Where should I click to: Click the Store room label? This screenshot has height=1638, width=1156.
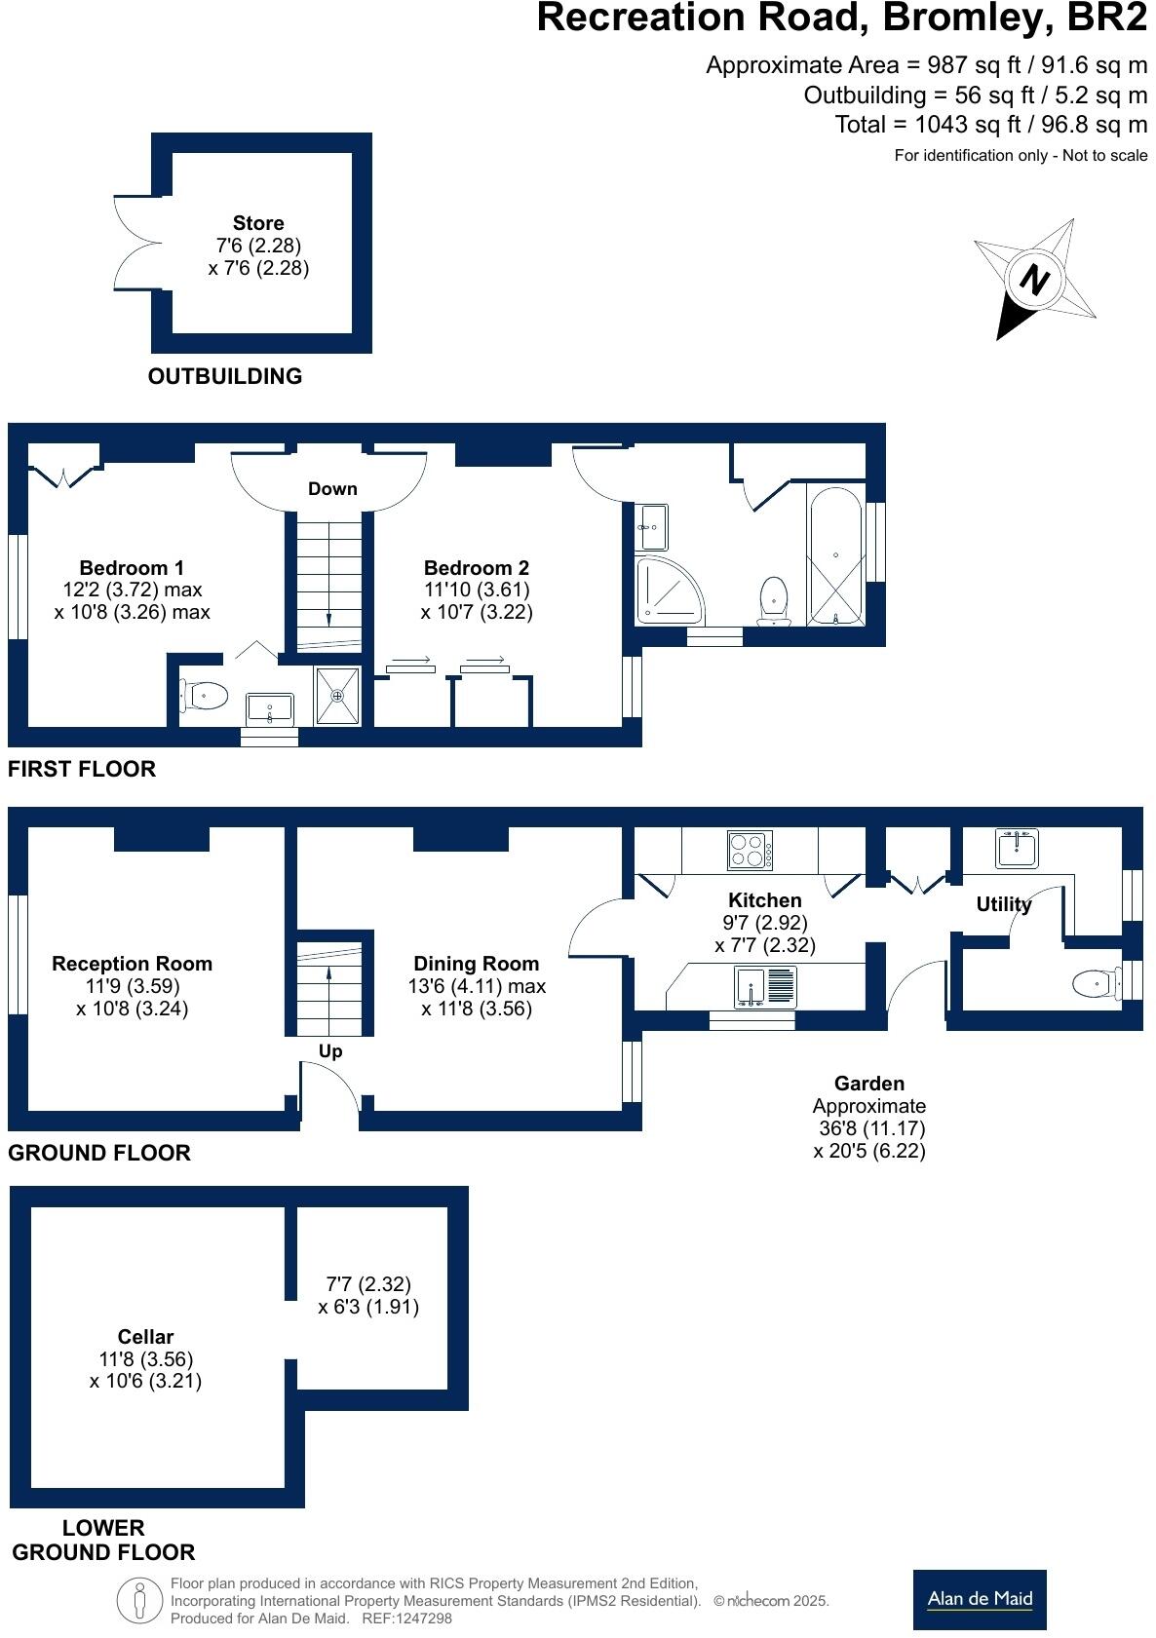point(258,223)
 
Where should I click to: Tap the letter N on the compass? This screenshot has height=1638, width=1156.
point(1034,281)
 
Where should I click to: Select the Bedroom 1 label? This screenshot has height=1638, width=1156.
point(132,567)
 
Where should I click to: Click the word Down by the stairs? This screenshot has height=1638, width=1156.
point(332,489)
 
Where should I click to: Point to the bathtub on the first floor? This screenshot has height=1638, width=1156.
point(835,556)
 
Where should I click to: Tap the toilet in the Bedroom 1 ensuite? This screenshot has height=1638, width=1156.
point(205,696)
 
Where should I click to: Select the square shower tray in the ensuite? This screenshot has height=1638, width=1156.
point(337,696)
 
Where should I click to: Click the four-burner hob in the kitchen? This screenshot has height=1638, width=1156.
point(750,851)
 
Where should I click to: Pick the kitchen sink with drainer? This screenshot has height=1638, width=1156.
point(765,986)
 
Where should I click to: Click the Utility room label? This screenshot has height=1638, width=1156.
point(1004,904)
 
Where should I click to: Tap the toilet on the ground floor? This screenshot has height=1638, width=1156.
point(1095,984)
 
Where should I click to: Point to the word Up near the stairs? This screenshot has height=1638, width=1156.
point(330,1051)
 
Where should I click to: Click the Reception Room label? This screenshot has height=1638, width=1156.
point(132,964)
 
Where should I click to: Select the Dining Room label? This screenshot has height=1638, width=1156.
point(477,964)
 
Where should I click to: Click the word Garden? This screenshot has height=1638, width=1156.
point(869,1084)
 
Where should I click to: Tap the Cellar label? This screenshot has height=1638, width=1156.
point(145,1337)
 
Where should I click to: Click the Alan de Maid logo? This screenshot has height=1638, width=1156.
point(980,1599)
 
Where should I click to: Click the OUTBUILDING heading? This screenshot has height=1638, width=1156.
point(225,376)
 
